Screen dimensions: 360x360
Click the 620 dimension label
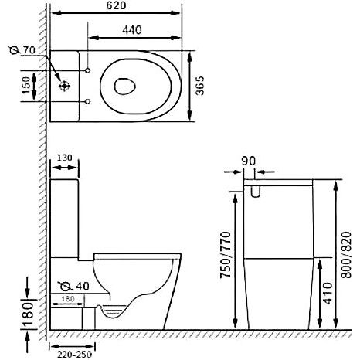click(x=116, y=5)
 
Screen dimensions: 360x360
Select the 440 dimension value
click(x=132, y=30)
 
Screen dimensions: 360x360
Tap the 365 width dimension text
click(x=199, y=86)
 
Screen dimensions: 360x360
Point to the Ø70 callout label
click(x=22, y=50)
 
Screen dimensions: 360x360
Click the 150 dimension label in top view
click(x=26, y=86)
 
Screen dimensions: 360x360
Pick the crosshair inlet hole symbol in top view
click(x=64, y=86)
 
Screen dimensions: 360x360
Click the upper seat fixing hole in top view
click(x=87, y=70)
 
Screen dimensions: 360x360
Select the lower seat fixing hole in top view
click(x=87, y=101)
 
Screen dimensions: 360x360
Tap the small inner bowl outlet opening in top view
click(x=125, y=86)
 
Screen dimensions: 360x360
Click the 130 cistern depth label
click(x=64, y=158)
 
